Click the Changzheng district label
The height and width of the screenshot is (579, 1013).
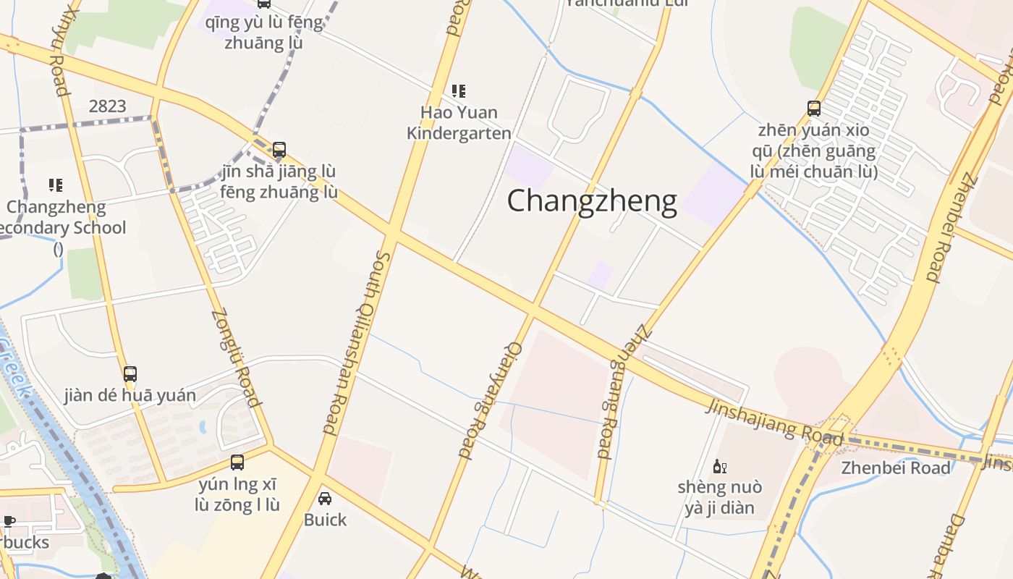pyautogui.click(x=592, y=200)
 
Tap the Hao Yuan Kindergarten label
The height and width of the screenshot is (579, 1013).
pyautogui.click(x=459, y=122)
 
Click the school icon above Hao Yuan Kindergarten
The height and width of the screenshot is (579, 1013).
pyautogui.click(x=459, y=91)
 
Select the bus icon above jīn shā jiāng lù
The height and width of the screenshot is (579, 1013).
pyautogui.click(x=279, y=150)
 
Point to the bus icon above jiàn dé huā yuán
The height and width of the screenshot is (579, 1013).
pyautogui.click(x=130, y=374)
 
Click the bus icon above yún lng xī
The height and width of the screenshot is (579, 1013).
pyautogui.click(x=237, y=462)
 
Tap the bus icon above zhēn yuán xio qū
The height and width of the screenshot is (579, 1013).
pyautogui.click(x=814, y=109)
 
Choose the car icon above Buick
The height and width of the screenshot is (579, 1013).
pyautogui.click(x=325, y=499)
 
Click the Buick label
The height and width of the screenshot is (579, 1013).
pyautogui.click(x=325, y=520)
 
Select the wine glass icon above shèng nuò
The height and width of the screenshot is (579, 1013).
pyautogui.click(x=719, y=466)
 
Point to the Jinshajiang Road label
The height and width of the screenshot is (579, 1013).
pyautogui.click(x=774, y=422)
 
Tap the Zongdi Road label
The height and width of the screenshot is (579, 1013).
pyautogui.click(x=235, y=358)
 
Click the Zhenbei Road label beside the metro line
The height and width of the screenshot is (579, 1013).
pyautogui.click(x=895, y=468)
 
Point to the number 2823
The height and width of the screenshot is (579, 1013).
pyautogui.click(x=107, y=106)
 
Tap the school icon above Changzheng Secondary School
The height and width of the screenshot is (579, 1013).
pyautogui.click(x=56, y=185)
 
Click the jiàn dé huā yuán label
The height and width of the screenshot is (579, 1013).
pyautogui.click(x=130, y=395)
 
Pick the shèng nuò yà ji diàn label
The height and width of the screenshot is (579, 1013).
pyautogui.click(x=719, y=497)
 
